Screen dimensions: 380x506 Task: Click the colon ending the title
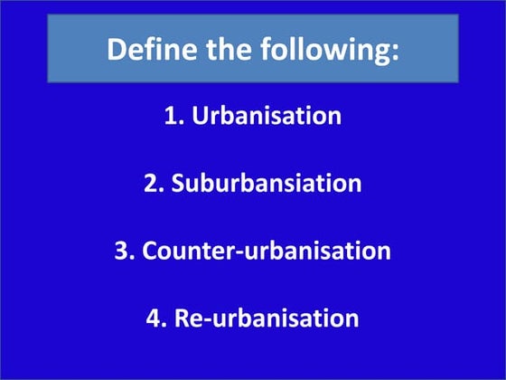[394, 52]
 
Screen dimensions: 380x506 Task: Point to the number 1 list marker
[169, 117]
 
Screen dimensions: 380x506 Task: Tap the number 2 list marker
[151, 184]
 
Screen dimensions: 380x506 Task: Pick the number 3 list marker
[123, 251]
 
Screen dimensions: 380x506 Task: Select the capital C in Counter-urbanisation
[150, 251]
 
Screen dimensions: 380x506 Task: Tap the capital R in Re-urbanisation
[181, 318]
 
